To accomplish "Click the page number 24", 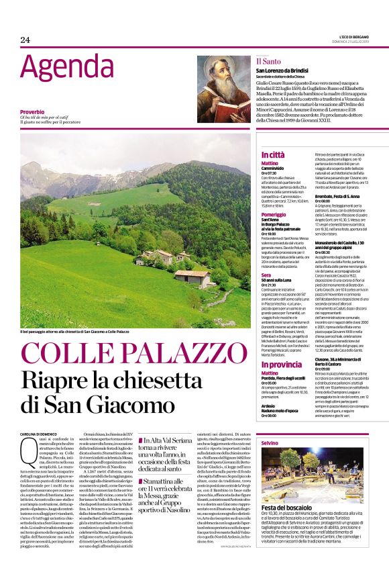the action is pos(25,40).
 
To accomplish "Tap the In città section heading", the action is pos(273,155).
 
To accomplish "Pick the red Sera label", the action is pos(266,275).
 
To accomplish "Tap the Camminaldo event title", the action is pos(274,169).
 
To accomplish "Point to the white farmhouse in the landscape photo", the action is pos(190,275).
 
